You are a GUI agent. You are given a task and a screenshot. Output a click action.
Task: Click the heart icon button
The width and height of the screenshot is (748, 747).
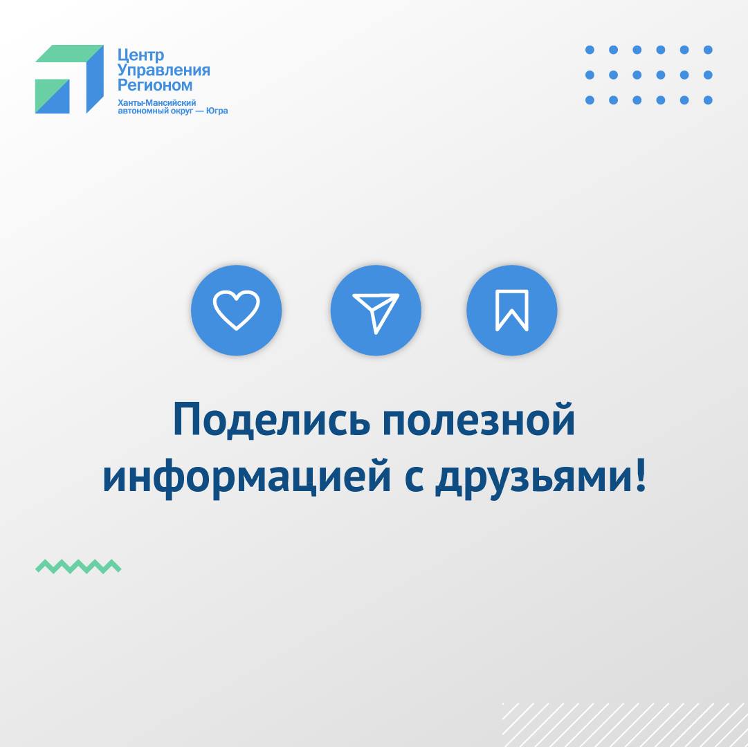coord(236,311)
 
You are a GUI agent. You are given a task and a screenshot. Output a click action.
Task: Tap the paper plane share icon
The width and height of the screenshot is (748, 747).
coord(376,311)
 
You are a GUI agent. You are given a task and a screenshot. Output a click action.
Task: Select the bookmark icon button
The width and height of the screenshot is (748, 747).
coord(512,311)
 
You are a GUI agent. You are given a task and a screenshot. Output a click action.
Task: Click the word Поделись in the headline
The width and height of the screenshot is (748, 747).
coord(271,420)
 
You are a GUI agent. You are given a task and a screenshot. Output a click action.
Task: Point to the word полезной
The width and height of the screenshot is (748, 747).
coord(479,420)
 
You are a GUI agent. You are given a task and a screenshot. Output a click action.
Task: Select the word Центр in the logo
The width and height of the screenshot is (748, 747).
coord(140,56)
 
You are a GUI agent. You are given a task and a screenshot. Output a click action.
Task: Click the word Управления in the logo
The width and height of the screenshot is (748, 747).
coord(163,71)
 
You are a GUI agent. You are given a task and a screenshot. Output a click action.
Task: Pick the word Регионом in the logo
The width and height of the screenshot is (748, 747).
coord(155,85)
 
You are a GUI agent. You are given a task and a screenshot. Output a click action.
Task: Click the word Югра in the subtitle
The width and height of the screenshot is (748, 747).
coord(217,111)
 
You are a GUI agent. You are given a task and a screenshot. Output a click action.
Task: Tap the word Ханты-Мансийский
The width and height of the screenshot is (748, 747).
coord(157,102)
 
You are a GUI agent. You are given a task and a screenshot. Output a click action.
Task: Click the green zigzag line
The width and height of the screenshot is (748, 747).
coord(78,566)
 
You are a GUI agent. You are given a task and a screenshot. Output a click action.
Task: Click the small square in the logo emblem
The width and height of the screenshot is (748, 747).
coord(53,96)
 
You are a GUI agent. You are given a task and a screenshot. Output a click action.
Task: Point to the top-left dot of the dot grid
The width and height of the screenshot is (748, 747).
coord(590,50)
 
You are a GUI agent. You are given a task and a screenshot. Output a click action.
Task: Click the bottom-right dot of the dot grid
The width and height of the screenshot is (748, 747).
coord(708,100)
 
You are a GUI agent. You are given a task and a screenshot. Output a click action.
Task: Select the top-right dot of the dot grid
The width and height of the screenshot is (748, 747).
coord(708,50)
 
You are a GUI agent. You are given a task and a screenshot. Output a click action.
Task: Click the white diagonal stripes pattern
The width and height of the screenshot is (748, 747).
coord(620,725)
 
